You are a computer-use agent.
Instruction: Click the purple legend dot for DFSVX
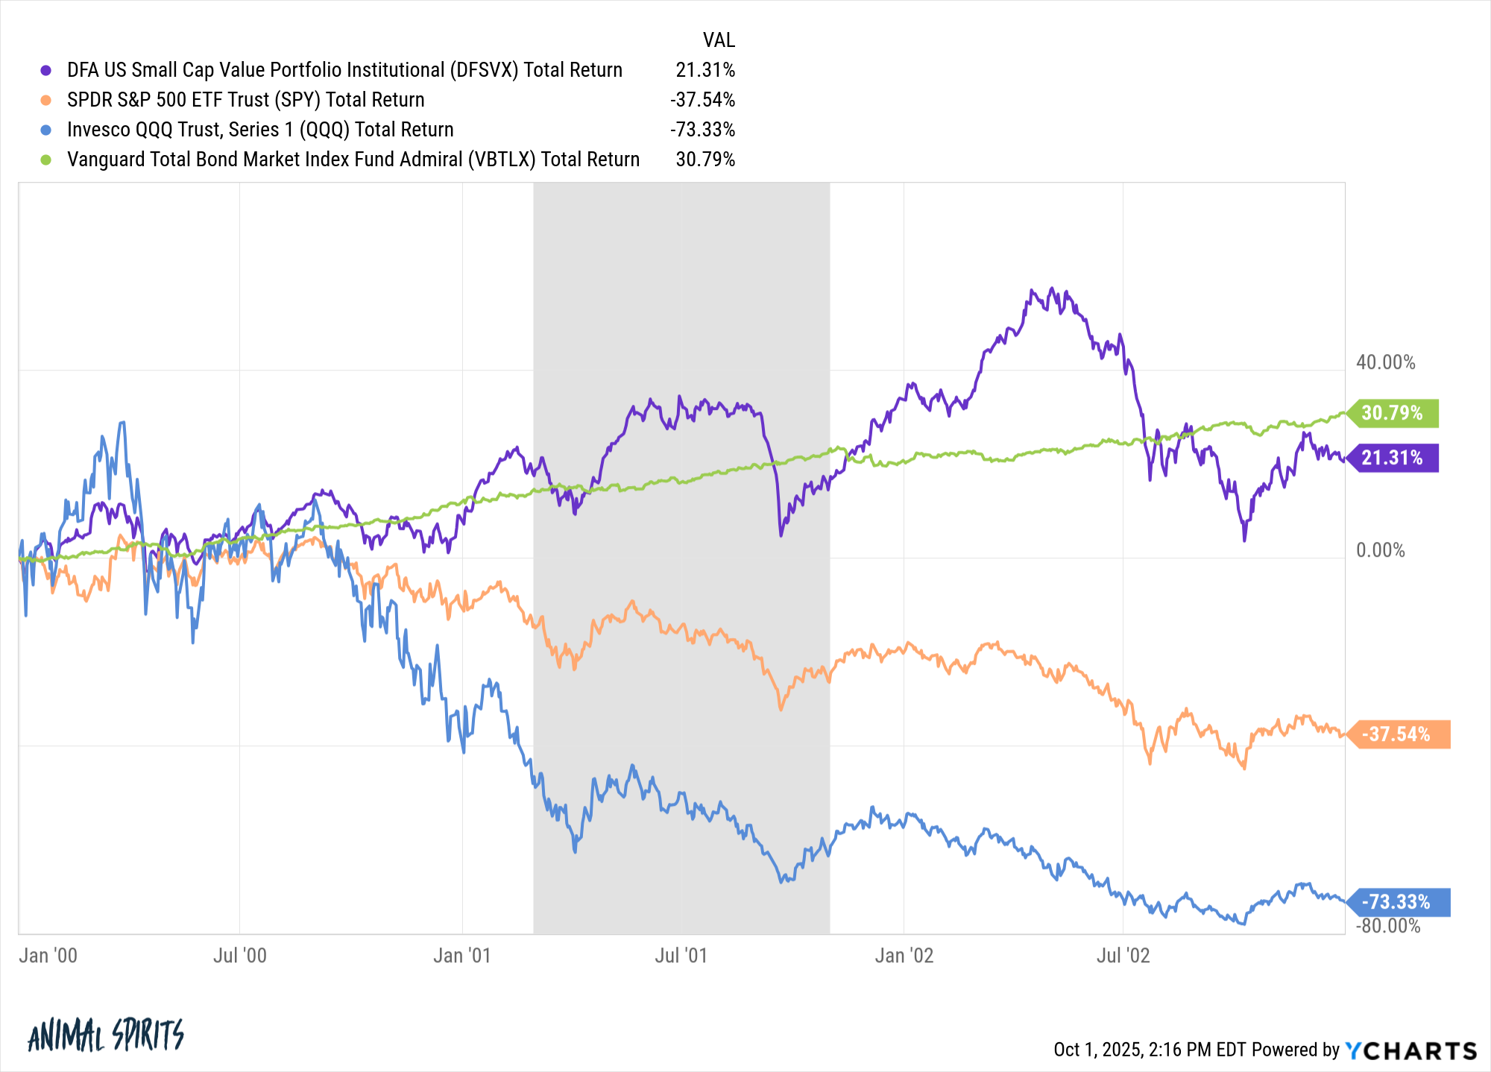(46, 70)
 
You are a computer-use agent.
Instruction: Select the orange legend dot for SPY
(46, 100)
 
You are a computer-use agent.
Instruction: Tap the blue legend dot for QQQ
(46, 130)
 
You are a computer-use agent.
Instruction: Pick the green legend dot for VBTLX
(46, 160)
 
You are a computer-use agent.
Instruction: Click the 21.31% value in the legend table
(704, 70)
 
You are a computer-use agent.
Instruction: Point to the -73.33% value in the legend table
(702, 130)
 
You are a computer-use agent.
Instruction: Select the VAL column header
(719, 40)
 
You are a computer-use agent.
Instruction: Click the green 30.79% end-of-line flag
(1393, 413)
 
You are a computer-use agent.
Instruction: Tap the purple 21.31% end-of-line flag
(1393, 458)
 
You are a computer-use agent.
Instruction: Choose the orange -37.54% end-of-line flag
(1397, 734)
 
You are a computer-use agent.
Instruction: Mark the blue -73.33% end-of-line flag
(1397, 902)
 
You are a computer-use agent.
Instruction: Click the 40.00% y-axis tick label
(1385, 362)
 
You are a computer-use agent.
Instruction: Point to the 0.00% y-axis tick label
(1380, 550)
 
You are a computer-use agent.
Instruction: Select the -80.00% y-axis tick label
(1387, 926)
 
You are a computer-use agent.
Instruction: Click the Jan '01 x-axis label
(462, 956)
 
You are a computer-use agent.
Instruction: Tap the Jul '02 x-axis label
(1123, 956)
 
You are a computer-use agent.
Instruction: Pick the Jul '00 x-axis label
(239, 956)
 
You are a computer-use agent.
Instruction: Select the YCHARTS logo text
(1410, 1050)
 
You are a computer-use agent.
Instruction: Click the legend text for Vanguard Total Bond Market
(353, 160)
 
